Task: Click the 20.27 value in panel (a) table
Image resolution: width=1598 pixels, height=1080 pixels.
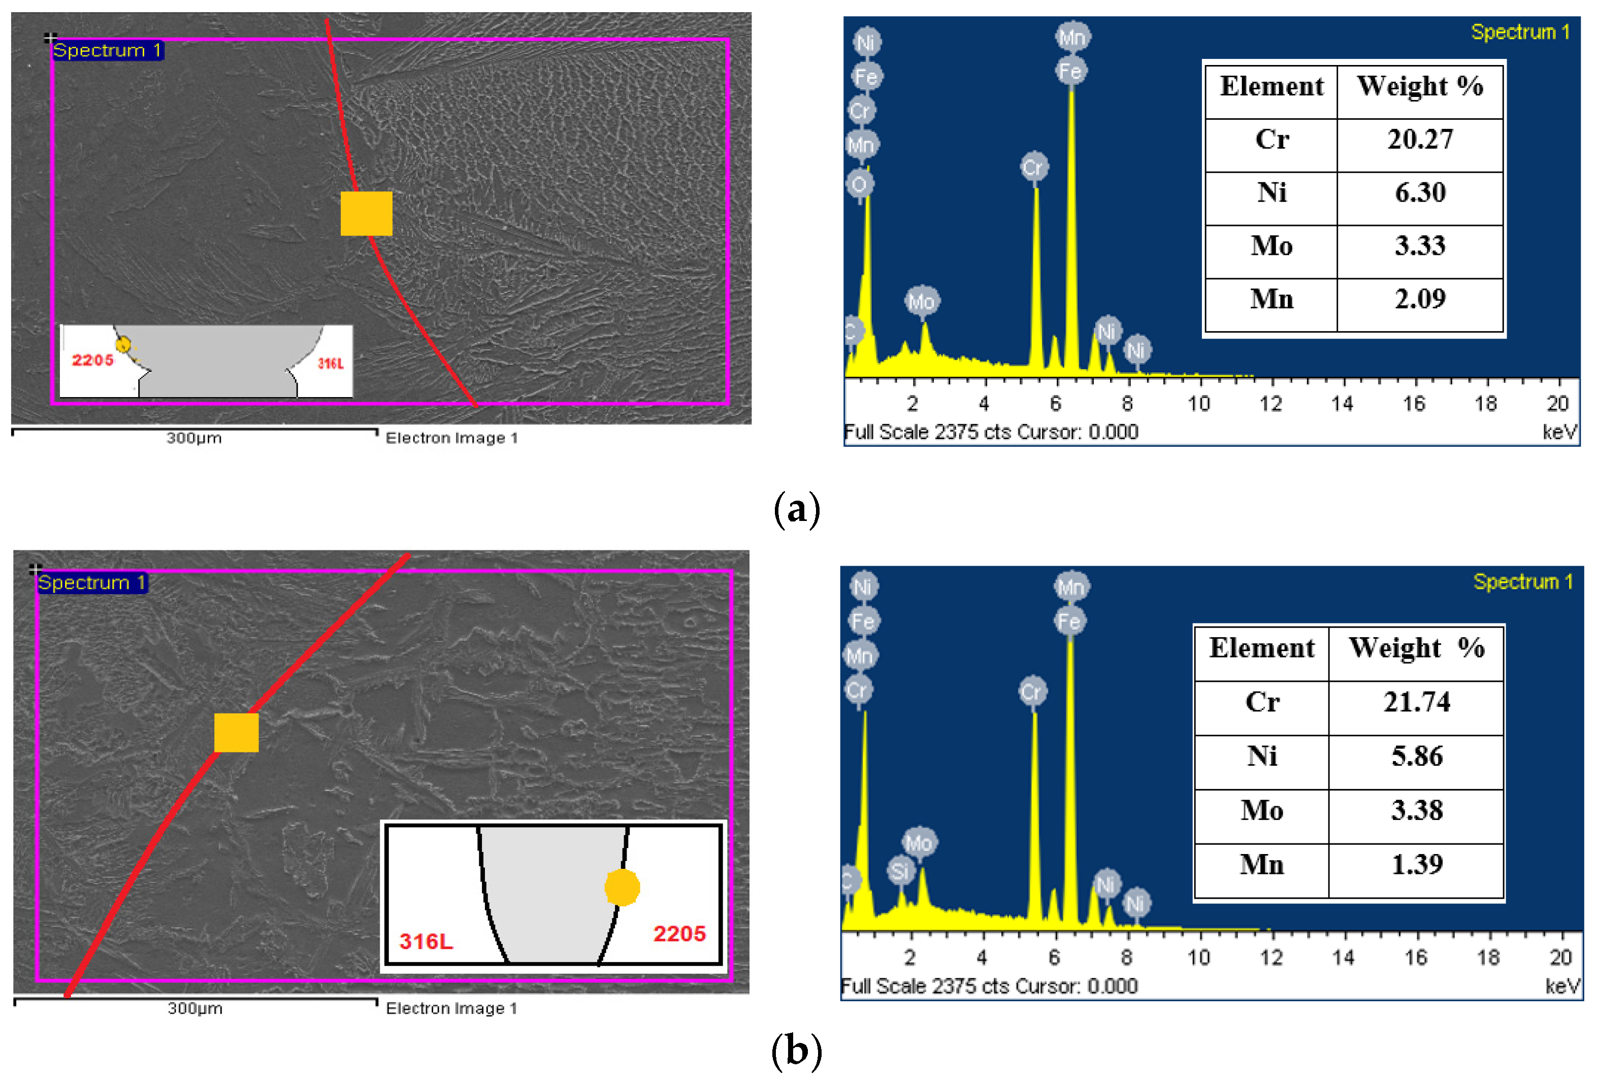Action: [1419, 140]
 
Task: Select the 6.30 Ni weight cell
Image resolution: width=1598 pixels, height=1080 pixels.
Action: [1419, 192]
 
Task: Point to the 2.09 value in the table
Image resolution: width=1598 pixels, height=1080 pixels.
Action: [1419, 299]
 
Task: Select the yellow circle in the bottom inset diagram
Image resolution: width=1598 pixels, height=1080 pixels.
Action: [622, 887]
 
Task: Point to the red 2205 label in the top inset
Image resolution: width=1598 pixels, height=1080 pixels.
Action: [93, 360]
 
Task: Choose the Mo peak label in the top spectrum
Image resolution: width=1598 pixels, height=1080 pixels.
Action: [922, 301]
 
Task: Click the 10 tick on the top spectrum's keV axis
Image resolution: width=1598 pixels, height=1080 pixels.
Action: [1198, 404]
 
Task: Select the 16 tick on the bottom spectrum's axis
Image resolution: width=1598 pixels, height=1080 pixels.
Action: [1415, 957]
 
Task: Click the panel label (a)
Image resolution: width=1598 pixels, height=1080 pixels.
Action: [797, 509]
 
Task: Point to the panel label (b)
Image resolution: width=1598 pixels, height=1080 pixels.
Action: [796, 1051]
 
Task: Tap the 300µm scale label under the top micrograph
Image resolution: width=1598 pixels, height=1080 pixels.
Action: [194, 438]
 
